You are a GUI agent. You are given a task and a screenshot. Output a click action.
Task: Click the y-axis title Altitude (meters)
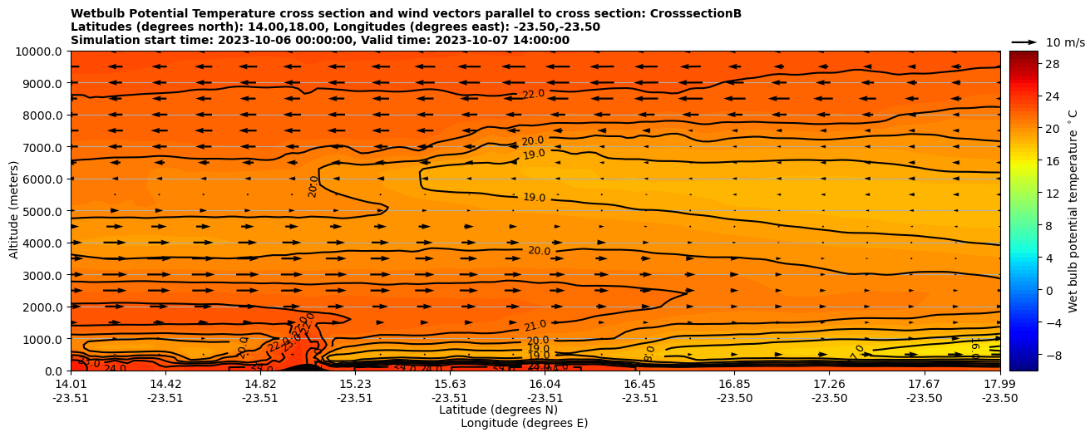[14, 211]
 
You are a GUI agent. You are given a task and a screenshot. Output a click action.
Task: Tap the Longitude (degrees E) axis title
[524, 423]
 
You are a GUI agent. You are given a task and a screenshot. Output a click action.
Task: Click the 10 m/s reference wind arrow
[1024, 42]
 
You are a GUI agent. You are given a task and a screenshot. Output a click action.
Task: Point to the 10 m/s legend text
[1065, 42]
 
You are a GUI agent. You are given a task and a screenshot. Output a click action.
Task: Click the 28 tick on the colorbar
[1052, 64]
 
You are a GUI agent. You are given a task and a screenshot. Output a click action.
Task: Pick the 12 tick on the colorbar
[1052, 193]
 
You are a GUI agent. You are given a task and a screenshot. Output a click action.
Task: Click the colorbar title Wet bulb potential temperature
[1073, 210]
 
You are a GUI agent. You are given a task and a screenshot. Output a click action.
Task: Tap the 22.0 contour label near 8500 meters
[533, 95]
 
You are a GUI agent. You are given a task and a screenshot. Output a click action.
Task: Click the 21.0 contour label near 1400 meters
[535, 326]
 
